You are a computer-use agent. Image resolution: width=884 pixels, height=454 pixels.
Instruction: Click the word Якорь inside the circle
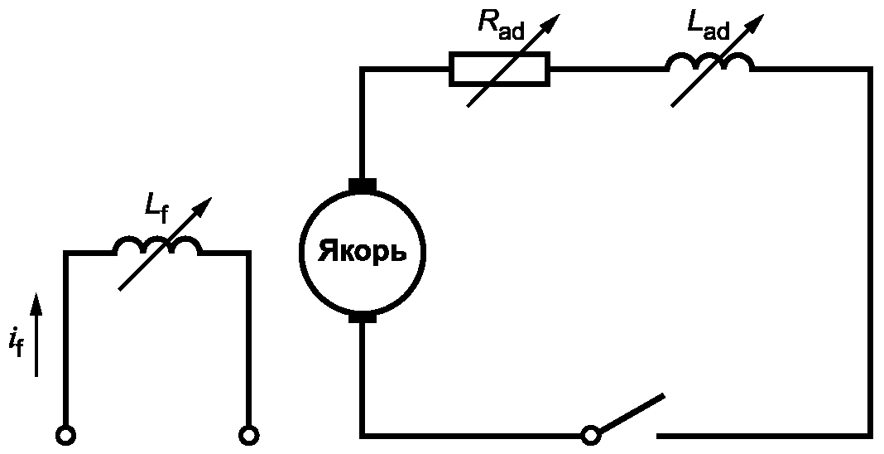[362, 252]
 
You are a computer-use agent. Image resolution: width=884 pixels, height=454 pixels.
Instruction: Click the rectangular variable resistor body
[499, 69]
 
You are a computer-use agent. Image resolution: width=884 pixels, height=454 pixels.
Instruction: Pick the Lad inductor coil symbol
[710, 62]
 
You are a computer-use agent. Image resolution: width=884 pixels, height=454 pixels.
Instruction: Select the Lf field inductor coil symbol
[158, 245]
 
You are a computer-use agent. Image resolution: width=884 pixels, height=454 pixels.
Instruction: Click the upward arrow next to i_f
[36, 335]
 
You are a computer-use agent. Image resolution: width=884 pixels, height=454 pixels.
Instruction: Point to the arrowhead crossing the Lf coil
[202, 206]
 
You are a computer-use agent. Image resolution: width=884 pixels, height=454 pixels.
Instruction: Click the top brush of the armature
[363, 185]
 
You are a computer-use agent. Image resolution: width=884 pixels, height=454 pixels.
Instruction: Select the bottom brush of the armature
[363, 317]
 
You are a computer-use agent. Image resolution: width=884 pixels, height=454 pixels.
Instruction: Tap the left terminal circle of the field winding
[66, 435]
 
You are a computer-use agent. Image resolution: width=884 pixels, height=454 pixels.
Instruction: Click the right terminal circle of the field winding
[248, 435]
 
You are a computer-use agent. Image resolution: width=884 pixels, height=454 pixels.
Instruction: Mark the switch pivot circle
[591, 435]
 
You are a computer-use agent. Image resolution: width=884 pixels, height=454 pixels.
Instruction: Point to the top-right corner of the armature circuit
[870, 69]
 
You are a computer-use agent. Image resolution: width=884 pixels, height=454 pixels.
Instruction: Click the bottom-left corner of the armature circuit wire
[363, 436]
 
